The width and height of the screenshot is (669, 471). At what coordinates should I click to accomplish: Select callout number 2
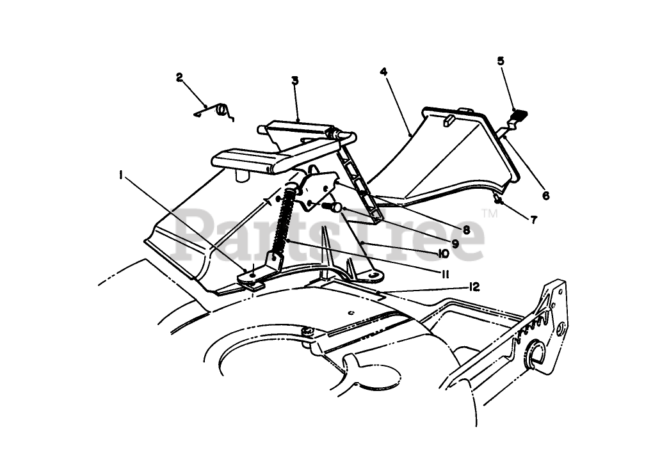click(180, 78)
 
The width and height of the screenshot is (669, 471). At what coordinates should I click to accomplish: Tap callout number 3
click(294, 81)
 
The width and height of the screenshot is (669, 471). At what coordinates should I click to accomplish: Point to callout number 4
click(384, 72)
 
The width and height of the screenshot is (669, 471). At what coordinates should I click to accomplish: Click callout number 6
click(545, 196)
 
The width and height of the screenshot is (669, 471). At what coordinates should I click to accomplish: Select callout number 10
click(443, 253)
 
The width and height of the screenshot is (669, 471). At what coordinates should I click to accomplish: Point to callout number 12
click(474, 287)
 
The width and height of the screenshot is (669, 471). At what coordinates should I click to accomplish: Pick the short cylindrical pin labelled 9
click(331, 207)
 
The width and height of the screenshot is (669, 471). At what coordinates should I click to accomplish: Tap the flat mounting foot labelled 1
click(254, 277)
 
